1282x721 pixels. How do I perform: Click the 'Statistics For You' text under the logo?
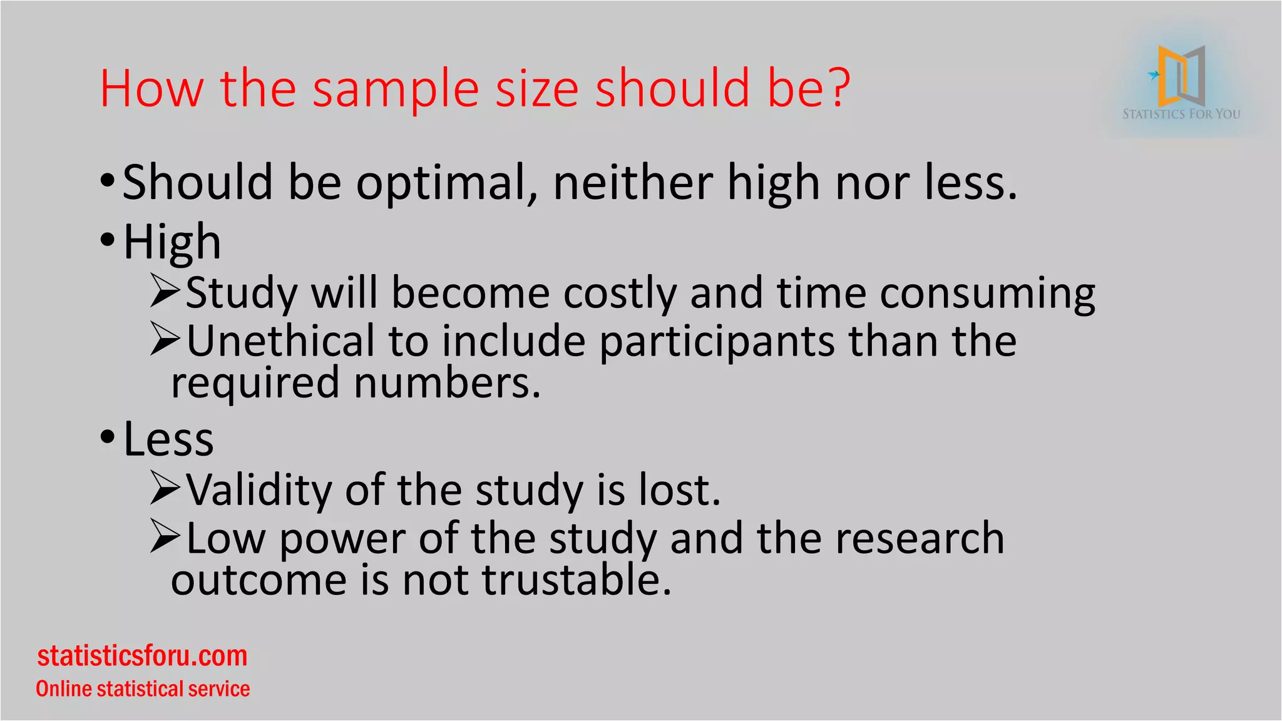1181,114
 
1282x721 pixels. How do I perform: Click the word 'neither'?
632,183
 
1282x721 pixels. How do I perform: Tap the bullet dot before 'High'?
108,240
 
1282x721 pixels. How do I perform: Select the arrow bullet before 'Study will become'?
165,292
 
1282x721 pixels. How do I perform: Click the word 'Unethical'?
280,341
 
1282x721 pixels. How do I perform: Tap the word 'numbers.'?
447,383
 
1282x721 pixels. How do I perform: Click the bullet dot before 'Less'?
108,437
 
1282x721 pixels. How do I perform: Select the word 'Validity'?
259,490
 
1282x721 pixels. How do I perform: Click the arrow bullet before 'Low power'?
165,537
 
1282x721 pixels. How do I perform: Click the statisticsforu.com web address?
143,656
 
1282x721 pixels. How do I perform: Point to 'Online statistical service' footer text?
143,688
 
